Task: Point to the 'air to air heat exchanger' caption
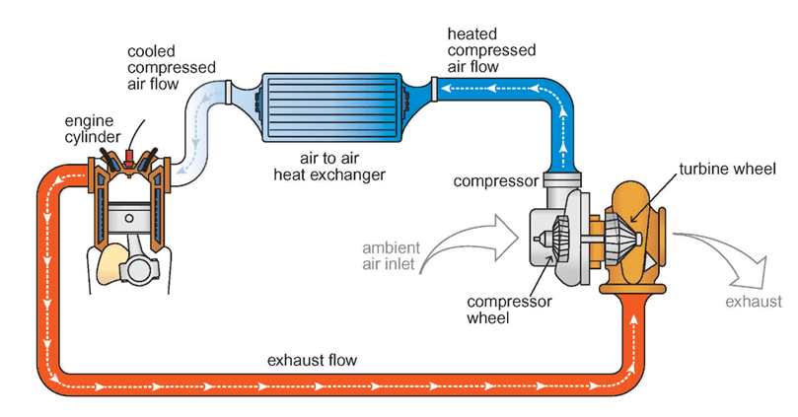tap(329, 167)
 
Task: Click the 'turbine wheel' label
tap(718, 170)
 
